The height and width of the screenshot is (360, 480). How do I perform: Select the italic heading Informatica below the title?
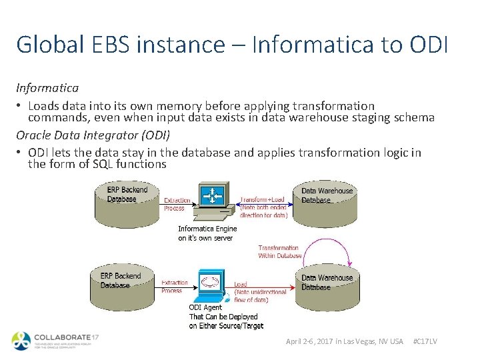click(x=47, y=87)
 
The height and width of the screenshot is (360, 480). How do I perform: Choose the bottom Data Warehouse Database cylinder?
click(x=327, y=283)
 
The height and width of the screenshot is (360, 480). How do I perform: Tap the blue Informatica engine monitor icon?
click(x=213, y=197)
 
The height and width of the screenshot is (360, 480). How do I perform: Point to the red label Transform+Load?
click(x=263, y=199)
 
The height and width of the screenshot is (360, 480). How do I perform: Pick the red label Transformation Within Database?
click(x=280, y=251)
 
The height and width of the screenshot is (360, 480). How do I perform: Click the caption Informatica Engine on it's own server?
click(x=207, y=233)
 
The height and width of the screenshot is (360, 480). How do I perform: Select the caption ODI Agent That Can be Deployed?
click(x=223, y=316)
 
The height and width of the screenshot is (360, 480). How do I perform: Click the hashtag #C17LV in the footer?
click(x=425, y=341)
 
